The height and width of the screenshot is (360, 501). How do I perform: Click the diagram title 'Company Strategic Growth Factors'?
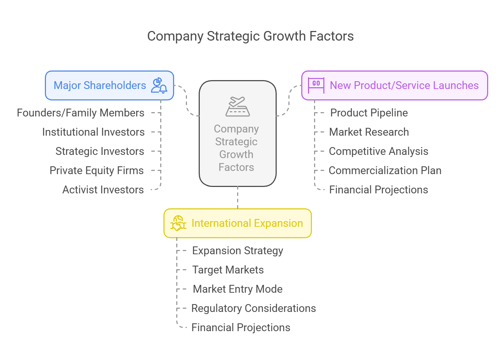coord(250,36)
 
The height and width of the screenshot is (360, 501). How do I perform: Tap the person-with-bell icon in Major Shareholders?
coord(159,85)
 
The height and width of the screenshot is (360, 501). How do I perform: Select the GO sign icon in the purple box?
coord(316,85)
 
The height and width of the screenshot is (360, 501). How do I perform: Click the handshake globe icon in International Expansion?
coord(178,223)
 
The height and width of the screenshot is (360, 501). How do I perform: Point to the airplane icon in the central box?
coord(238,106)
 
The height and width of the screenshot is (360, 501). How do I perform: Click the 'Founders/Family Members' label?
coord(80,113)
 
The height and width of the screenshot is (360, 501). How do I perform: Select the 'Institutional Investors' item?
coord(93,132)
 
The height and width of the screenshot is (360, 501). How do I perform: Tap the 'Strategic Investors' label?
coord(100,151)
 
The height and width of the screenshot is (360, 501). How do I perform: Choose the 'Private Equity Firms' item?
coord(96,170)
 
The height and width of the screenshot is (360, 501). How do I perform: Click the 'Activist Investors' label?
coord(103,190)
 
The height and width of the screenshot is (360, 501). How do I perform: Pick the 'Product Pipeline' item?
coord(369,113)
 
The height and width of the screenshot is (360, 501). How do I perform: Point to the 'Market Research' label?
coord(369,132)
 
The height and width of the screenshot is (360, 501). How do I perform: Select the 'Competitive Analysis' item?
coord(379,151)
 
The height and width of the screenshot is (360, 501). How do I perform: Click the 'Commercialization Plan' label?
coord(385,170)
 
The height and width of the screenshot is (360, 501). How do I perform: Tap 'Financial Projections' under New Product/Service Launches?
coord(379,190)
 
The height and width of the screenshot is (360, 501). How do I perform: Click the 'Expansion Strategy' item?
coord(238,251)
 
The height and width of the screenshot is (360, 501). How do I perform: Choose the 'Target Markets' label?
coord(228,270)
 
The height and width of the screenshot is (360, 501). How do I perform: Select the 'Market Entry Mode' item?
coord(238,289)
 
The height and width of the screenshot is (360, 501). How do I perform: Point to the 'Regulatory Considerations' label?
coord(254,308)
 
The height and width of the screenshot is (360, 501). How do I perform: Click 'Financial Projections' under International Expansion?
coord(241,327)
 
